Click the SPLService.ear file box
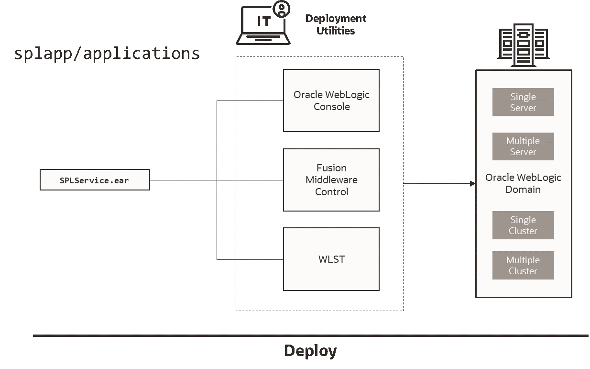[x=95, y=180]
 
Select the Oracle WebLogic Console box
[x=331, y=101]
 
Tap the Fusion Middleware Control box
[x=331, y=180]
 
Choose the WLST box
[x=331, y=259]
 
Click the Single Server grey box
[x=523, y=102]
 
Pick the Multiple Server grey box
[x=523, y=146]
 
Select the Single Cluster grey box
[x=523, y=225]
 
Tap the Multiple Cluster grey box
[x=523, y=265]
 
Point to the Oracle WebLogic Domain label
[x=523, y=183]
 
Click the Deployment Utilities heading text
[x=336, y=24]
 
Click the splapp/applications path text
[x=107, y=53]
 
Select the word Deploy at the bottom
[x=310, y=351]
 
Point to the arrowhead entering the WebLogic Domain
[x=473, y=183]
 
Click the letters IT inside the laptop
[x=263, y=22]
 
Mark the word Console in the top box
[x=331, y=107]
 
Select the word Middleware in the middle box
[x=331, y=180]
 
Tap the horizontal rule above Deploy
[x=310, y=335]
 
